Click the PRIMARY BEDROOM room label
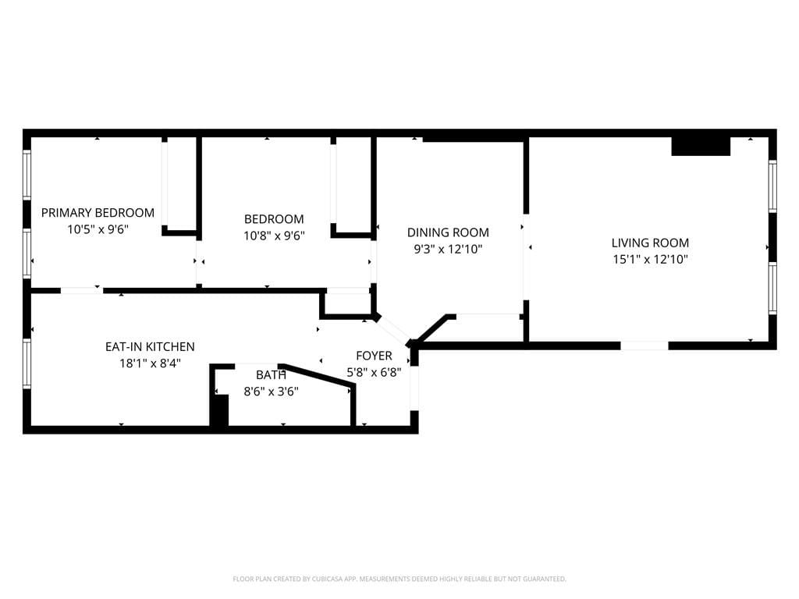[98, 212]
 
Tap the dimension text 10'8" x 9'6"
[273, 235]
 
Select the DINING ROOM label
[448, 232]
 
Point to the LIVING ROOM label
[650, 243]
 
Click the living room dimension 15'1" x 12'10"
[650, 259]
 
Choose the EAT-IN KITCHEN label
[150, 346]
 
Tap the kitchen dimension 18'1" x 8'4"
[150, 363]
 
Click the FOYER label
[374, 356]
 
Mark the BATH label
[271, 374]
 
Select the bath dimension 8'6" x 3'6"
[271, 391]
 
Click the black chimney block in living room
[700, 146]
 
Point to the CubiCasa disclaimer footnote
[399, 579]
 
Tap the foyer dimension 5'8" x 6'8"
[374, 373]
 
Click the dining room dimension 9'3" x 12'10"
[448, 249]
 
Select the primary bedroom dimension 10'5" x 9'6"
[98, 229]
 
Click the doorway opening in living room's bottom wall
[645, 345]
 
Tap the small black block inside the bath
[221, 410]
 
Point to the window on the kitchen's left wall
[27, 363]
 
